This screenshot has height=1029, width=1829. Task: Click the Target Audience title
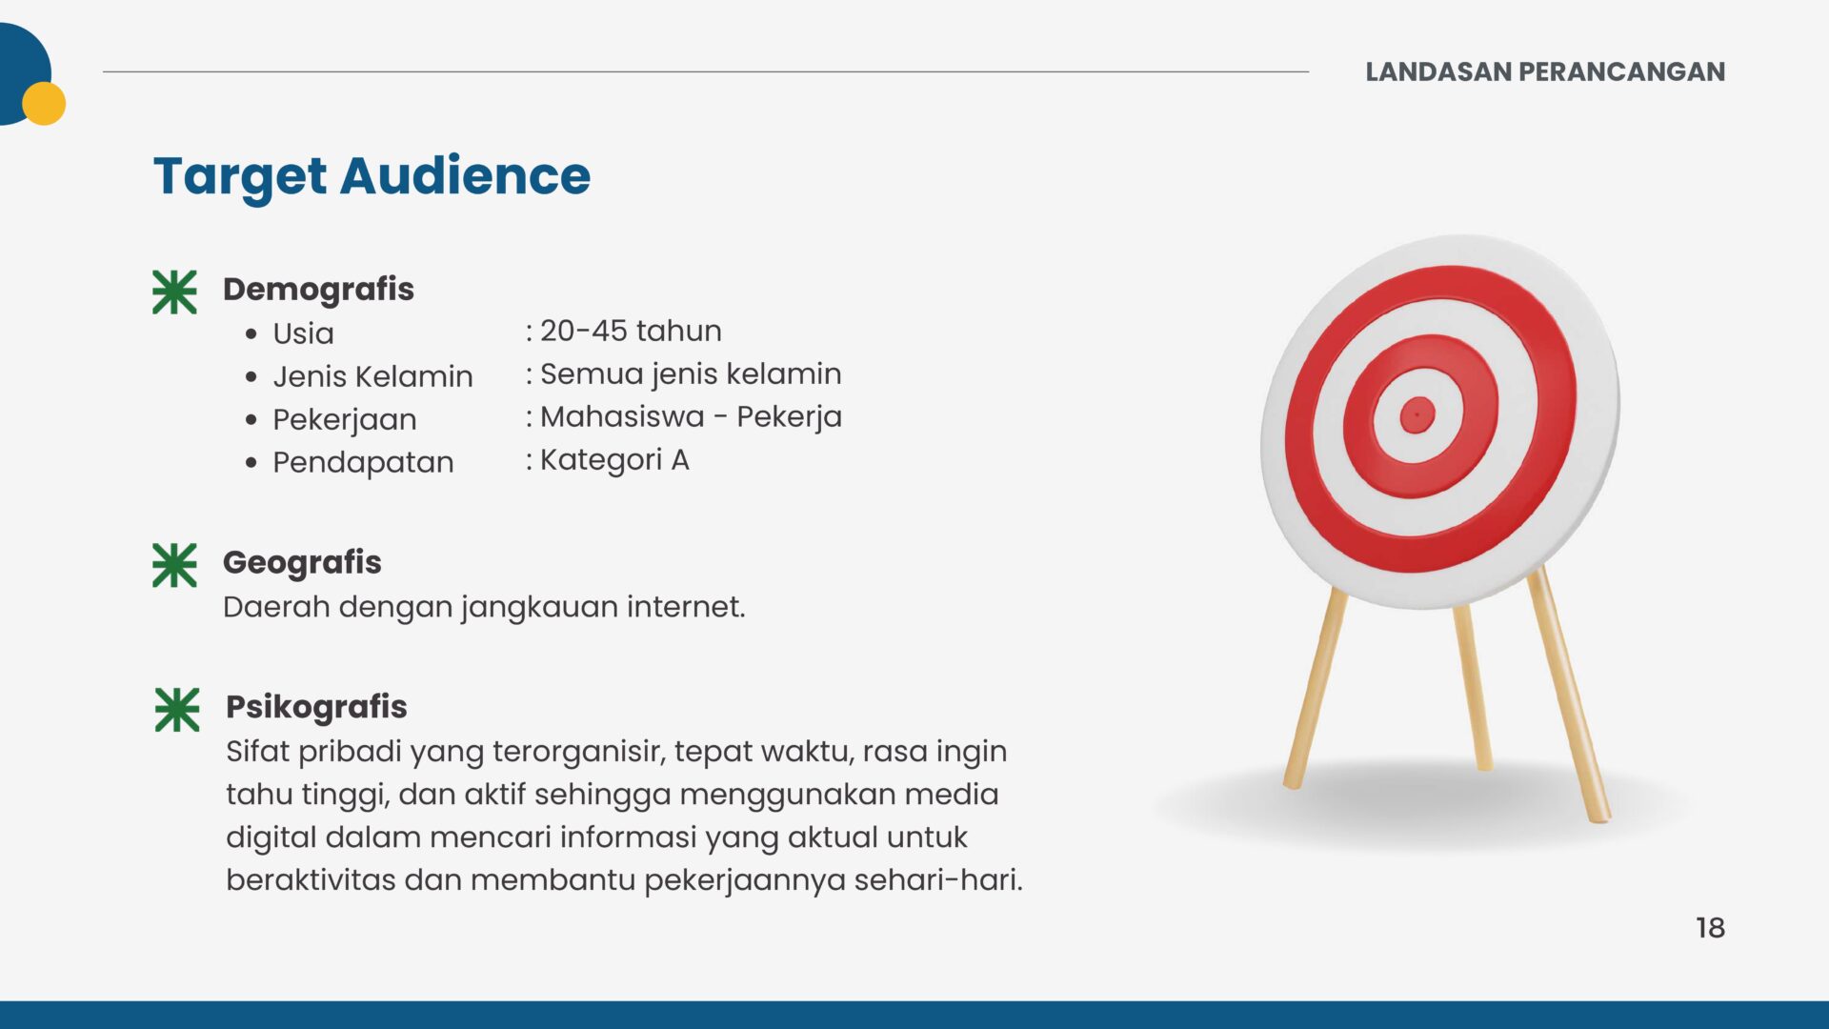372,177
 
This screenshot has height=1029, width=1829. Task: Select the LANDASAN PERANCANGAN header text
1545,71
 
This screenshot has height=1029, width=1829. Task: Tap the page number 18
1710,928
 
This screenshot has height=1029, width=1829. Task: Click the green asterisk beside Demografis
174,292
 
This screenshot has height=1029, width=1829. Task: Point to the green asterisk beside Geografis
174,565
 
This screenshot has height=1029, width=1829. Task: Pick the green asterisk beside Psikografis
177,710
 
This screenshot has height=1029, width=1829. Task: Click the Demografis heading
318,289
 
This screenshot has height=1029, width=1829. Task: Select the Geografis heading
302,562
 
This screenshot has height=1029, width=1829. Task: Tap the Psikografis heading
316,707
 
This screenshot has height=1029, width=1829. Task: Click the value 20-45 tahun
631,331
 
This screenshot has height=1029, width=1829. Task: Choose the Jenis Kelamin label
372,376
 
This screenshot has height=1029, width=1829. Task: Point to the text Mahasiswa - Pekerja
691,417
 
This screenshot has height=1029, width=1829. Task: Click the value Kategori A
614,460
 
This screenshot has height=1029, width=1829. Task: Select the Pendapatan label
363,463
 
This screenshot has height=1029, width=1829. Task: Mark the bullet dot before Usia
251,333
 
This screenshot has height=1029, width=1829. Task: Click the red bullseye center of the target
1417,414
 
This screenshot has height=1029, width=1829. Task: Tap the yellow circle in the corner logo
44,103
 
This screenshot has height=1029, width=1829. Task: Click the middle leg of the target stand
1472,686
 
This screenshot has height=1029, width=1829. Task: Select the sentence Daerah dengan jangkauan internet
484,607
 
